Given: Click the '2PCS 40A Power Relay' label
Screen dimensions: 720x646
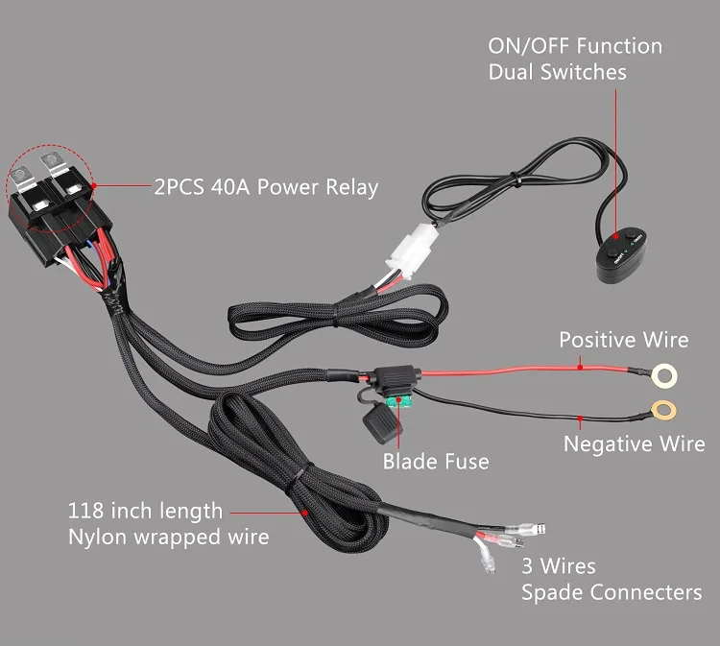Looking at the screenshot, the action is click(x=266, y=186).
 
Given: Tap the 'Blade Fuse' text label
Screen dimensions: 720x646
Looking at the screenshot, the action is click(x=435, y=462).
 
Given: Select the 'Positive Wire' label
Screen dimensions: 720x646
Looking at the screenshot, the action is click(x=623, y=340).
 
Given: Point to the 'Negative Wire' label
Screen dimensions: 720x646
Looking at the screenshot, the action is click(x=634, y=444).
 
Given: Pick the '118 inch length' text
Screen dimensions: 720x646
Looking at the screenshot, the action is click(x=145, y=511).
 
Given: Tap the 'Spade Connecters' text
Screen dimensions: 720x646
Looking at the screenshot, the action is click(x=611, y=592).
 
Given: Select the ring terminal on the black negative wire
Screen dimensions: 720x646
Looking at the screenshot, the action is click(x=661, y=410).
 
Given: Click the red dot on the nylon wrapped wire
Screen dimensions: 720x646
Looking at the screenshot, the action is click(x=305, y=513).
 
